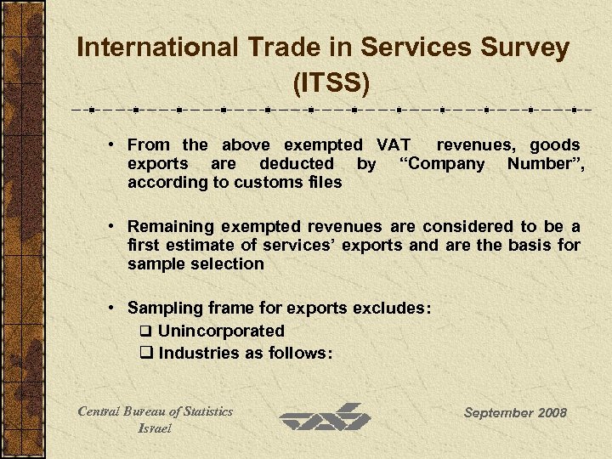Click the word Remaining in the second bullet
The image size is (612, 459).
171,227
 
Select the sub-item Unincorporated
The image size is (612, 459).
221,331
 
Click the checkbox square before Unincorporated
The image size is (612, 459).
145,331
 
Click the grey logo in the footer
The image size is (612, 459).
326,417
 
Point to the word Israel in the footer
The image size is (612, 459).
155,428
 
